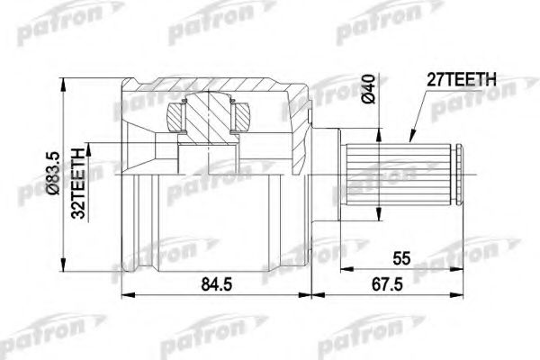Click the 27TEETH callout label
click(x=462, y=79)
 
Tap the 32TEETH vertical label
click(x=78, y=184)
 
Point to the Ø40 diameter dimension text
click(x=368, y=88)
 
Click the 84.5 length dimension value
click(x=217, y=284)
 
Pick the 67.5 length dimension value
click(x=387, y=284)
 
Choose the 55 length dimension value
click(x=401, y=258)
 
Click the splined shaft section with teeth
click(x=398, y=175)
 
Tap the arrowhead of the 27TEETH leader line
click(x=411, y=137)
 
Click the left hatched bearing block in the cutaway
click(x=174, y=117)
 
